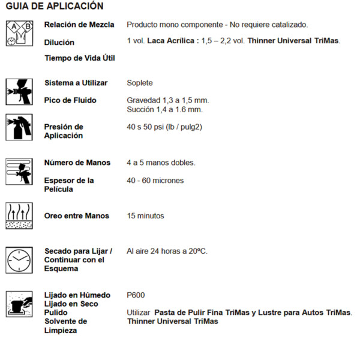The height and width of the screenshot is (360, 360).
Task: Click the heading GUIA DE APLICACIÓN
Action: click(55, 7)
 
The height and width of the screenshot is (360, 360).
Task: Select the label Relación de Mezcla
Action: click(79, 25)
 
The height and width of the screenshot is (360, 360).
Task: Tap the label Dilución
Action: click(59, 43)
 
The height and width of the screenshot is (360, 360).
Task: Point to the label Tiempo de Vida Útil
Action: click(80, 58)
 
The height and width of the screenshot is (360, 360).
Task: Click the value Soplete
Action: click(140, 83)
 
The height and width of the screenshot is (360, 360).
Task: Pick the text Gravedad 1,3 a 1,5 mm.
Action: click(168, 100)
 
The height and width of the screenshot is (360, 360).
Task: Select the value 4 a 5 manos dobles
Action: click(161, 163)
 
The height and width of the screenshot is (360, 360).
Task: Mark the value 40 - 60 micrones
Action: click(155, 181)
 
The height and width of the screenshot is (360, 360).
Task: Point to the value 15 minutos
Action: click(145, 216)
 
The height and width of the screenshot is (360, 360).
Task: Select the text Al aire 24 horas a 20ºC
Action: click(167, 251)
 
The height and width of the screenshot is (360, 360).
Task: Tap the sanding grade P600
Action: click(136, 295)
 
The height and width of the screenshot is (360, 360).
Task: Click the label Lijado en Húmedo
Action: click(77, 295)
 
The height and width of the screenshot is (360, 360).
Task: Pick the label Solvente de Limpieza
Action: click(65, 326)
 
